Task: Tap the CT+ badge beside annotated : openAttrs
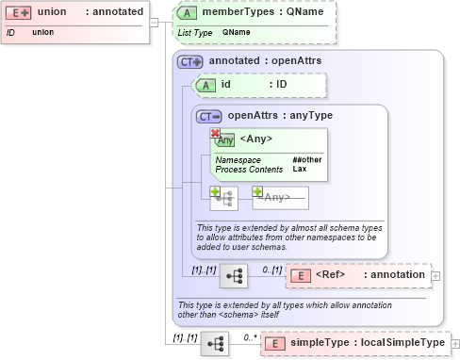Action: point(190,61)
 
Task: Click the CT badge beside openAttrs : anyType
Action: point(208,116)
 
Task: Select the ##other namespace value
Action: point(306,160)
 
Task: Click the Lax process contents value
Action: point(299,170)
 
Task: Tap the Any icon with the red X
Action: point(223,139)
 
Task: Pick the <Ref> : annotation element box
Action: point(357,275)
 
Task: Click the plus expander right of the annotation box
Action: point(435,276)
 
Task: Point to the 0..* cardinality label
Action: point(249,335)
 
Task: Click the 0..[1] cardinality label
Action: point(272,269)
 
